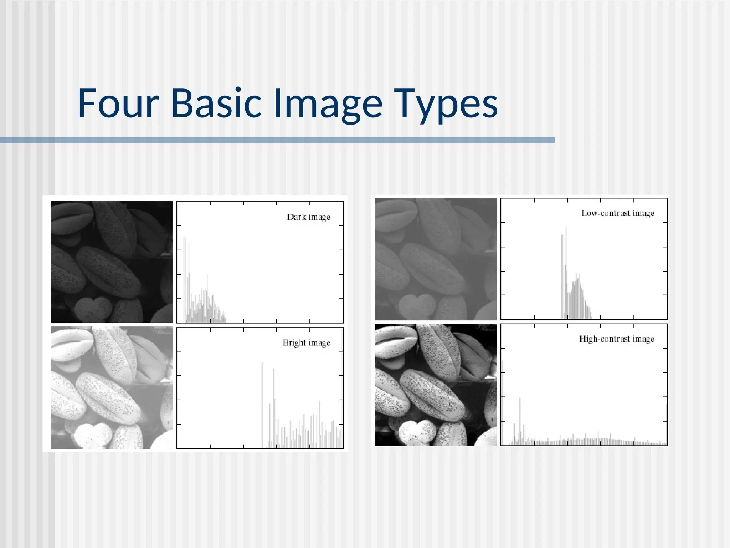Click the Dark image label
[308, 217]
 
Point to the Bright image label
[306, 343]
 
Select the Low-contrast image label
[617, 213]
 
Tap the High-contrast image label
[616, 339]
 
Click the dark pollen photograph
[112, 262]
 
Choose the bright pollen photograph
[112, 387]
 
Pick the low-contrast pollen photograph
[435, 259]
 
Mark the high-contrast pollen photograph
[435, 385]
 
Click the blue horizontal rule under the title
[277, 140]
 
